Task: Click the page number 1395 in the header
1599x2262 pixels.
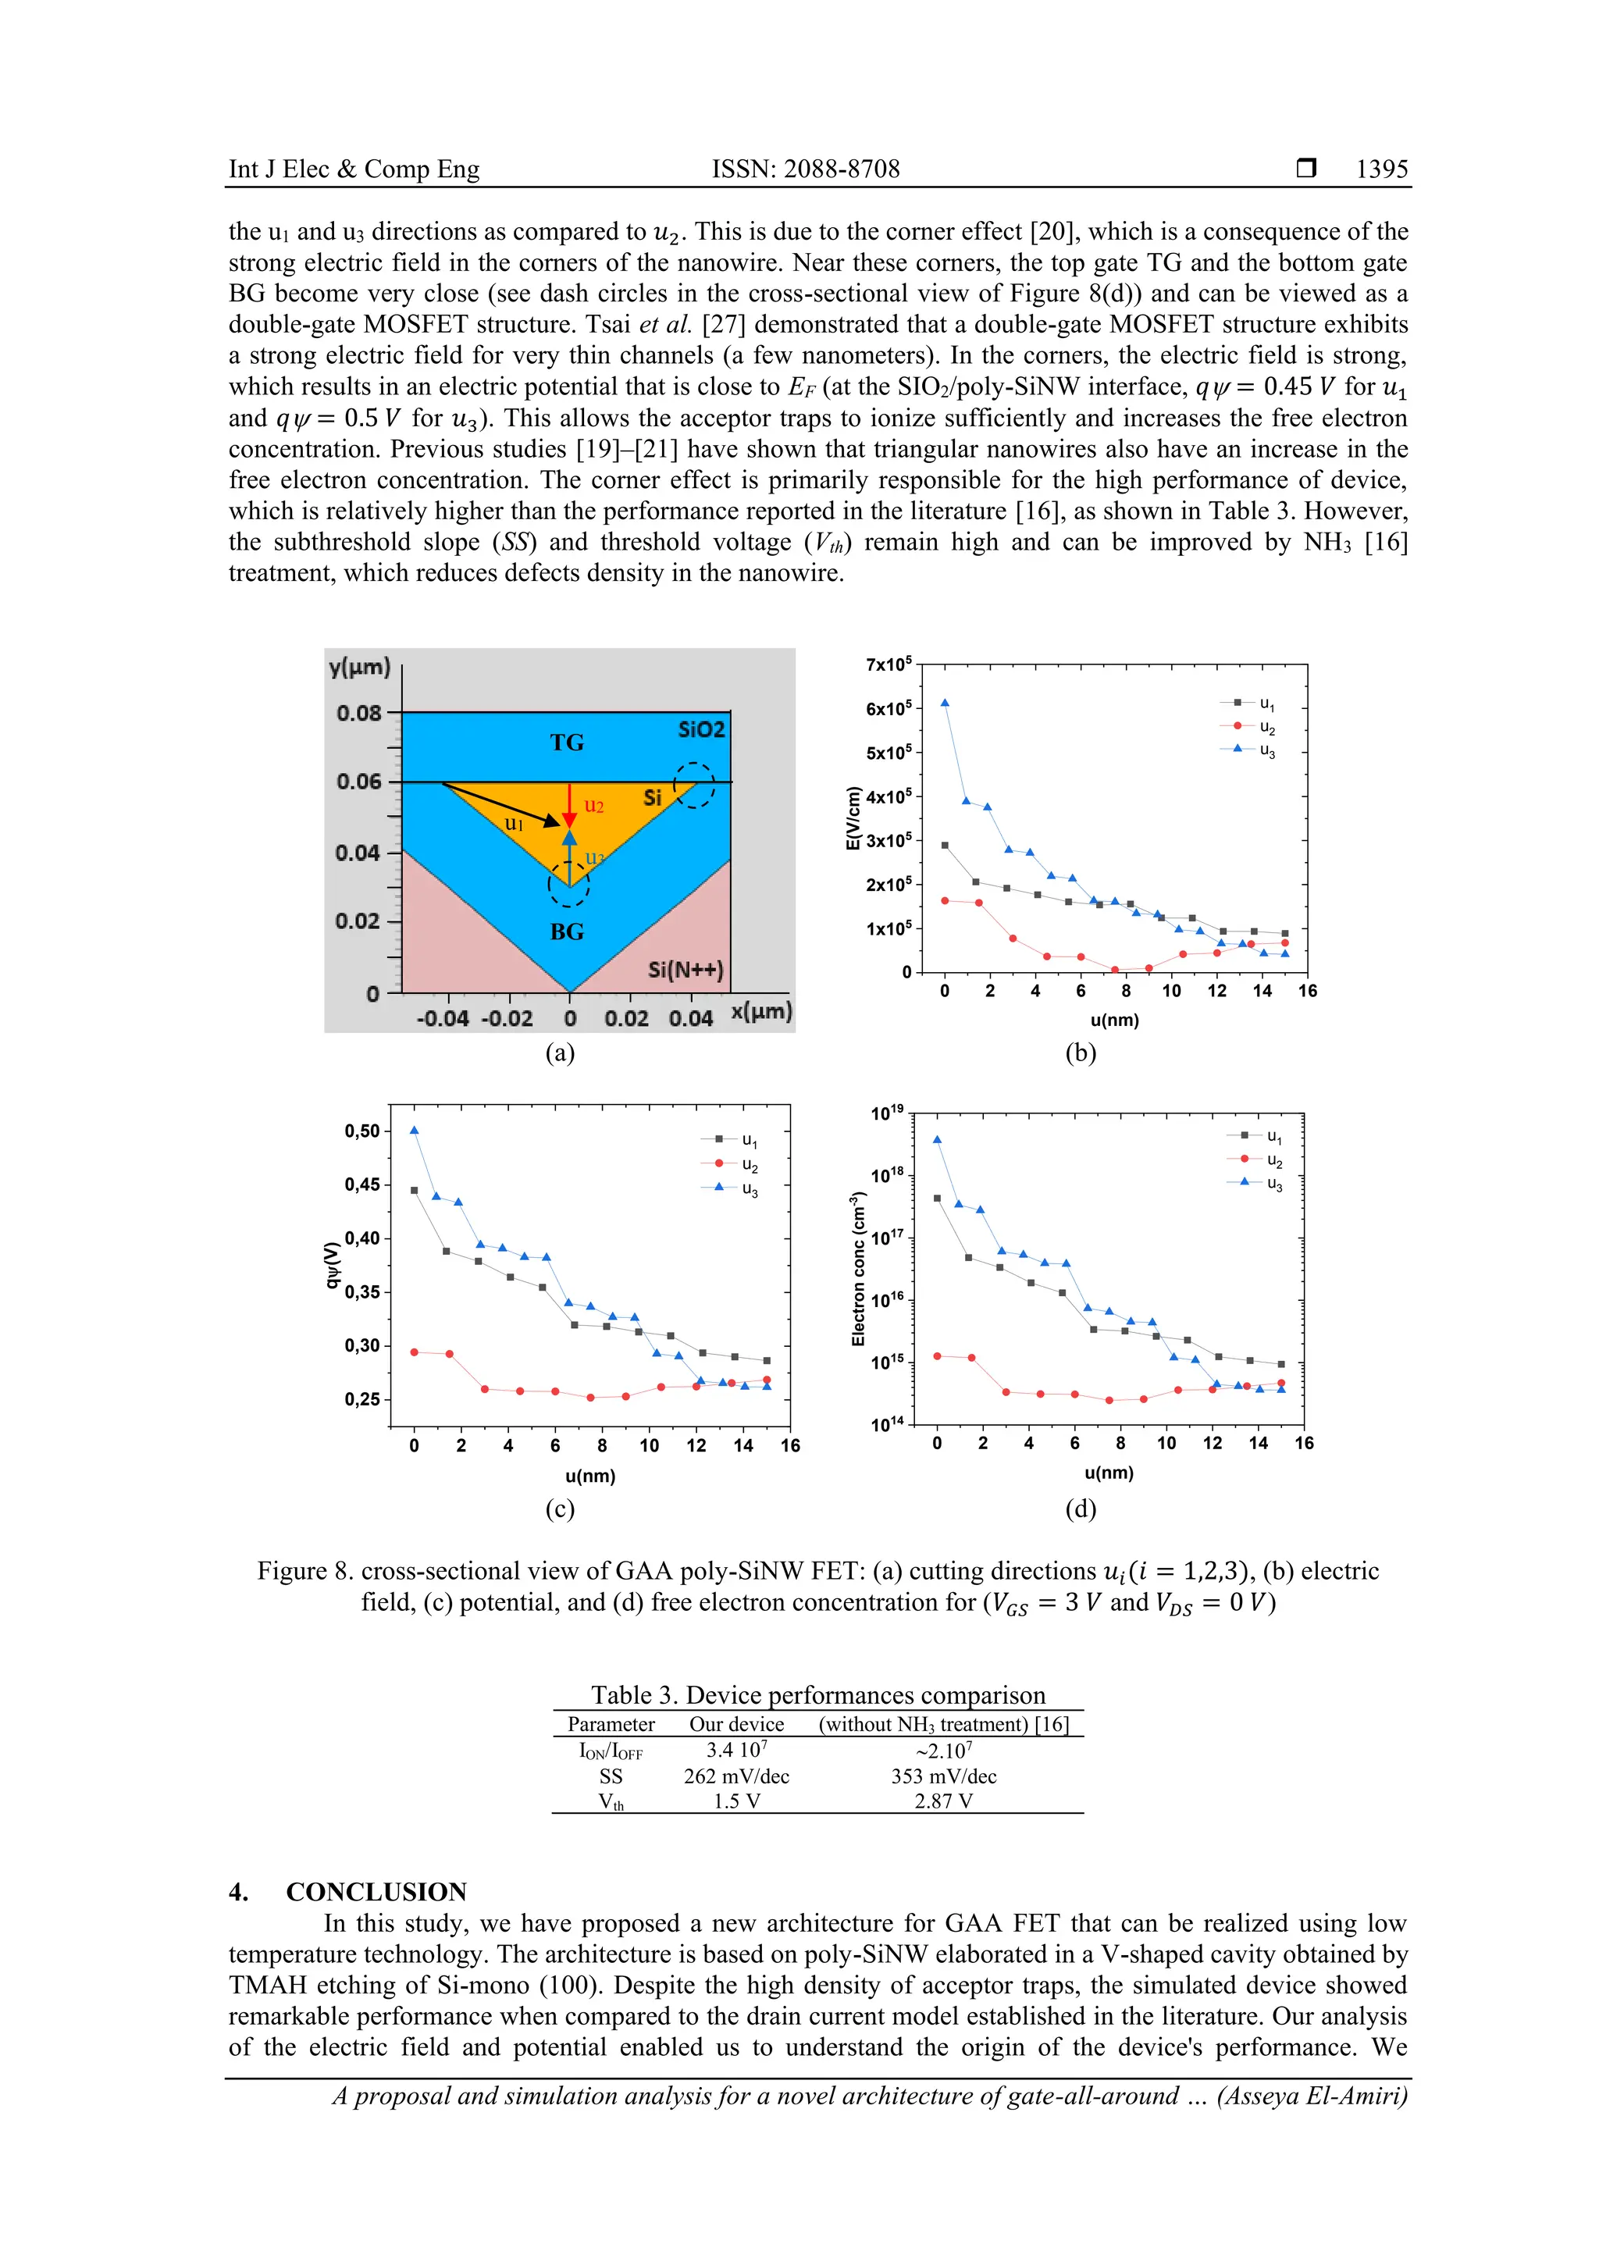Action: (x=1381, y=169)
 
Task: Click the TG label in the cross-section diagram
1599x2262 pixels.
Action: (x=567, y=743)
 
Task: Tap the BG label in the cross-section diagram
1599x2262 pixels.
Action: (x=567, y=931)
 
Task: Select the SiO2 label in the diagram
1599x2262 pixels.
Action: (x=701, y=729)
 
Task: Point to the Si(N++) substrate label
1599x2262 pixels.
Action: (x=686, y=970)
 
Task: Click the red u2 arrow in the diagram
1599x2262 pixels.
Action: (x=568, y=806)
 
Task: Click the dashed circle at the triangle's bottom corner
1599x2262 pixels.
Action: (x=568, y=884)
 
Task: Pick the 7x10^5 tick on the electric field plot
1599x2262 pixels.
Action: (x=888, y=665)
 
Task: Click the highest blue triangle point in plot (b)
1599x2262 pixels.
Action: (x=945, y=703)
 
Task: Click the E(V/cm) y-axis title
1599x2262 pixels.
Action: (x=854, y=817)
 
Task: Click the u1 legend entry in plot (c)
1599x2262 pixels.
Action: (x=733, y=1140)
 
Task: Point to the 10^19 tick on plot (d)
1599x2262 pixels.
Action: (x=887, y=1113)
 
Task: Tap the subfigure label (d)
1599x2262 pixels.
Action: (x=1080, y=1509)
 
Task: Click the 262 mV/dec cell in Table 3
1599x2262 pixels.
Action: (x=736, y=1776)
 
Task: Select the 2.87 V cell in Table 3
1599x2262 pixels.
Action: (x=943, y=1801)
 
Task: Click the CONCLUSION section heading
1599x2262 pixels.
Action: (x=376, y=1892)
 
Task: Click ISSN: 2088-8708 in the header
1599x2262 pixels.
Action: (x=805, y=169)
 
